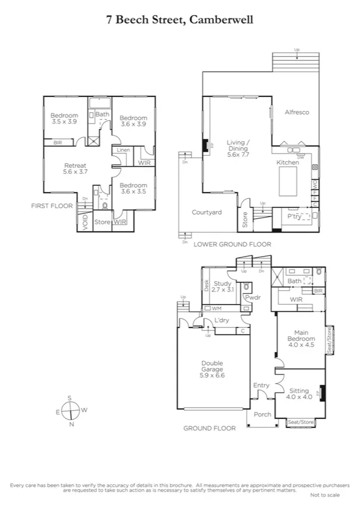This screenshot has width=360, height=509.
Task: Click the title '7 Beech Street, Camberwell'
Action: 180,20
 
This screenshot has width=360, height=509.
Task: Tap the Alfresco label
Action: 296,112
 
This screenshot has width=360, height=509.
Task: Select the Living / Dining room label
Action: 238,148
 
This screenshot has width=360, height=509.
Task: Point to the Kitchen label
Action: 287,163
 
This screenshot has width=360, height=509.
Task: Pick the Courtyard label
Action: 207,212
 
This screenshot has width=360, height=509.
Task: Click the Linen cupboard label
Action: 123,150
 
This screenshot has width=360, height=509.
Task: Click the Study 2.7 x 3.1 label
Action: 223,287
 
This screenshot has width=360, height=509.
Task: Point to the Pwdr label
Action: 250,297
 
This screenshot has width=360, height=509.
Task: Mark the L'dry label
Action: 222,321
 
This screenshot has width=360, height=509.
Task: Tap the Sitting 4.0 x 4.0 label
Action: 300,393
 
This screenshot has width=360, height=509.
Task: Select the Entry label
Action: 261,385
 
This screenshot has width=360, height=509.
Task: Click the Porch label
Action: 262,414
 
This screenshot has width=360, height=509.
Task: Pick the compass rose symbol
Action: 71,411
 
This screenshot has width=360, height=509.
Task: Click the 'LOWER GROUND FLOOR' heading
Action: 232,245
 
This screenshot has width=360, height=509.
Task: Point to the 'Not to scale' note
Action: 325,495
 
